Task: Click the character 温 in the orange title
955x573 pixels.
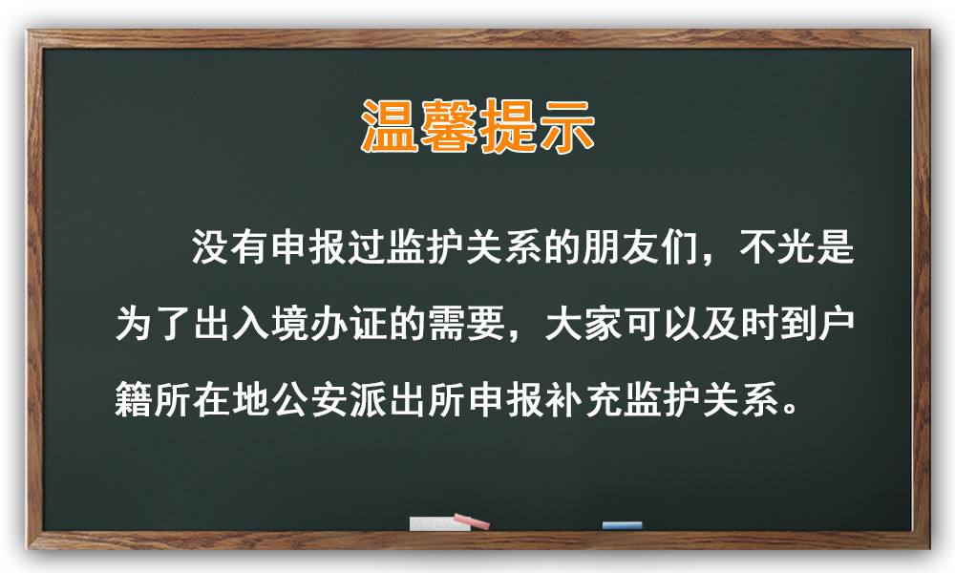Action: [x=390, y=126]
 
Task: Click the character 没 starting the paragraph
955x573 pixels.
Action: [x=211, y=246]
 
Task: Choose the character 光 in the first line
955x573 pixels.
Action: [x=796, y=246]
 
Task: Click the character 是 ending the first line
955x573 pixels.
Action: [x=835, y=246]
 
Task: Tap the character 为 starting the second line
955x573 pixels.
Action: [x=134, y=323]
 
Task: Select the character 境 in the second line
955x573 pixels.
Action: [x=290, y=323]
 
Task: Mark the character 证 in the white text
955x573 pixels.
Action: [x=368, y=323]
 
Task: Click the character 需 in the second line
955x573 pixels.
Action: [x=446, y=323]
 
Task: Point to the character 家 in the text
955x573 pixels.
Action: [x=603, y=323]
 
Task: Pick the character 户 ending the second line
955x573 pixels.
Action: [x=836, y=323]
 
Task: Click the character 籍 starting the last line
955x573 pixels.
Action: [x=134, y=399]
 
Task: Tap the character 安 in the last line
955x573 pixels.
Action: [x=329, y=399]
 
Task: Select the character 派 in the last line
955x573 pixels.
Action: [x=368, y=399]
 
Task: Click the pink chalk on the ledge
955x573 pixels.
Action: [x=471, y=520]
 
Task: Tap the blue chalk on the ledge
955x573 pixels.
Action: [x=622, y=525]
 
